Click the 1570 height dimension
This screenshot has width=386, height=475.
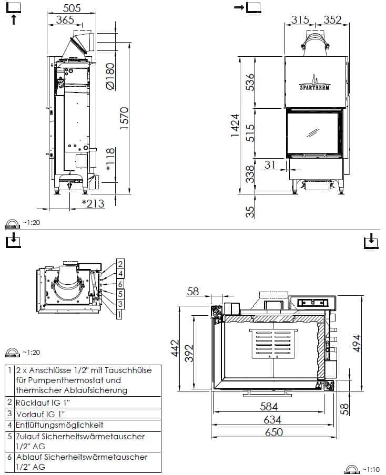[124, 118]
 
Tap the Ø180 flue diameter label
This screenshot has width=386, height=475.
[110, 76]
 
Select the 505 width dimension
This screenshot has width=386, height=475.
[72, 8]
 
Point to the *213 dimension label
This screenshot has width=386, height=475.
[94, 203]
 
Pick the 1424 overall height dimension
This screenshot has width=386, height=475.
[235, 125]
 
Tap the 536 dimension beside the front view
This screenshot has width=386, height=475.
[250, 82]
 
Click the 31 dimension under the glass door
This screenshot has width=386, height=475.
[270, 165]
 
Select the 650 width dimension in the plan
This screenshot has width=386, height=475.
[274, 432]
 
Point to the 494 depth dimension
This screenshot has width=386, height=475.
[357, 343]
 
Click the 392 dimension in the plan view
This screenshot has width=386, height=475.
[189, 353]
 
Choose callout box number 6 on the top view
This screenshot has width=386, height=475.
[120, 284]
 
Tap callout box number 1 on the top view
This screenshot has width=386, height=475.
[119, 314]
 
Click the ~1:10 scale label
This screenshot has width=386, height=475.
[371, 470]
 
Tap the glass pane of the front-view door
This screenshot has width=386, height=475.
[313, 132]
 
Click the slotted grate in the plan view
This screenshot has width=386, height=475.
[273, 343]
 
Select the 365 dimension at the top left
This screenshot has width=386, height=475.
[65, 20]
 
